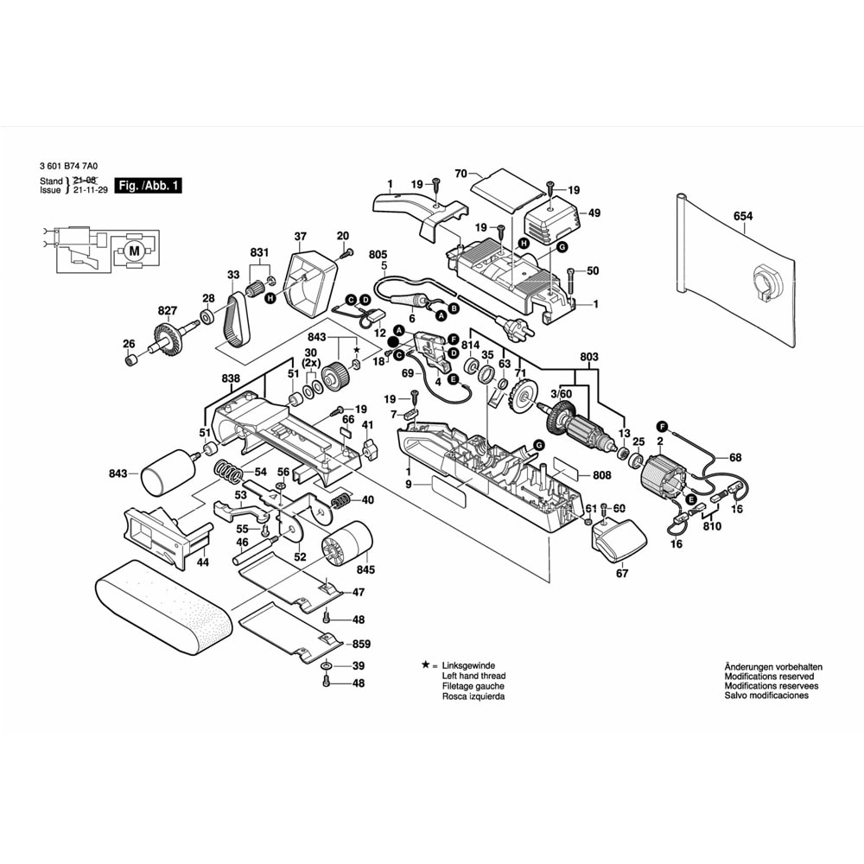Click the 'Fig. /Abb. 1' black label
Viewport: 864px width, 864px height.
coord(149,186)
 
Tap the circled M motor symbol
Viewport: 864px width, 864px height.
coord(132,250)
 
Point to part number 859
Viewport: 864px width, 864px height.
coord(362,645)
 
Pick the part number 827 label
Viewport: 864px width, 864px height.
coord(167,310)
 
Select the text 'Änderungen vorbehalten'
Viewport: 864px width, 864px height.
coord(773,667)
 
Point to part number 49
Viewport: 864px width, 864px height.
coord(594,213)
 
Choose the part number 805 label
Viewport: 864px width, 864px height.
coord(378,254)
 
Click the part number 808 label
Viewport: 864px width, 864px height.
coord(602,475)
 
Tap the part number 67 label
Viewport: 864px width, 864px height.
coord(622,574)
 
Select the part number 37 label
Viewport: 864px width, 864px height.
coord(300,237)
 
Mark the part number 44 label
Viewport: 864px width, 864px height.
coord(202,562)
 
